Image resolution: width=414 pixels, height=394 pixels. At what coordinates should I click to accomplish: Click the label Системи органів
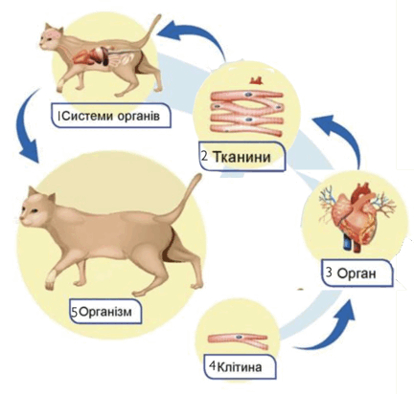111,116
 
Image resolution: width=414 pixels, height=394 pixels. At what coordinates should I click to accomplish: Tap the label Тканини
241,157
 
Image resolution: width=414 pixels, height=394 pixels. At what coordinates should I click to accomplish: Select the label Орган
356,274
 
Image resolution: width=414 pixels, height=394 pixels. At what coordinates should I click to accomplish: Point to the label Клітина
240,367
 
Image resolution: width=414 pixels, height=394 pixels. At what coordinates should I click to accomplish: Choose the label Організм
105,311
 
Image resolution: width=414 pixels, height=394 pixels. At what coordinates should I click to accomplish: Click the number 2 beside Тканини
205,156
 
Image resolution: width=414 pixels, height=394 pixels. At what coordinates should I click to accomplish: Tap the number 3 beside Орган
330,273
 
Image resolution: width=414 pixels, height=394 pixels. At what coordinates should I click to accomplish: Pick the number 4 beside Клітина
213,365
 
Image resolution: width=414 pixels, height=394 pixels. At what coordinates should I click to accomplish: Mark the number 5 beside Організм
75,312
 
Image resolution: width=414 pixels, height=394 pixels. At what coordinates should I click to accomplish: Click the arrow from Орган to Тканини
348,134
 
